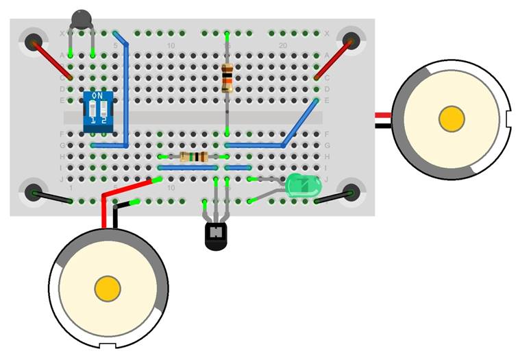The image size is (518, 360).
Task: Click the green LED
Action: click(302, 186)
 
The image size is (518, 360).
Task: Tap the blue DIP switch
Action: click(95, 110)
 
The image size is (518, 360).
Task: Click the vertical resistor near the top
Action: click(227, 77)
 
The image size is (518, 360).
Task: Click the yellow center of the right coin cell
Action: click(452, 119)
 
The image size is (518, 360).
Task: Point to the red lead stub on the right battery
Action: click(383, 115)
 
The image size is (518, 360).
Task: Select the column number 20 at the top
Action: click(282, 45)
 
